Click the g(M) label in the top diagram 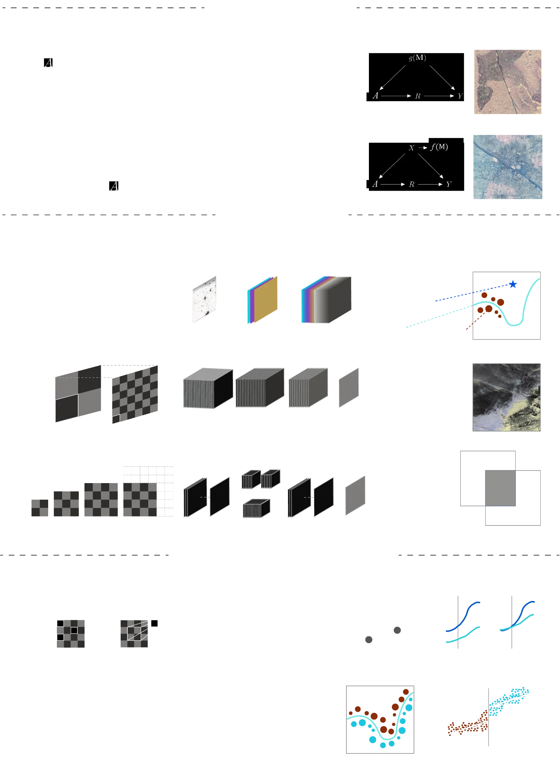pyautogui.click(x=417, y=58)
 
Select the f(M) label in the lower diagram pyautogui.click(x=439, y=147)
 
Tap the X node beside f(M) pyautogui.click(x=412, y=148)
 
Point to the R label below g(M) pyautogui.click(x=418, y=96)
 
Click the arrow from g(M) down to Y pyautogui.click(x=442, y=78)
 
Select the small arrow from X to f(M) pyautogui.click(x=423, y=148)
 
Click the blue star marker pyautogui.click(x=513, y=284)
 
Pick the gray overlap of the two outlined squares pyautogui.click(x=500, y=488)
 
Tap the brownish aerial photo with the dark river pyautogui.click(x=508, y=82)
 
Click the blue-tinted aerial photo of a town pyautogui.click(x=508, y=167)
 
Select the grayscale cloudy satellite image pyautogui.click(x=507, y=397)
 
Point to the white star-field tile pyautogui.click(x=204, y=299)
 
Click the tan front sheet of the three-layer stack pyautogui.click(x=266, y=299)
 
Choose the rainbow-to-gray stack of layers pyautogui.click(x=326, y=300)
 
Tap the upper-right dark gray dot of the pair pyautogui.click(x=397, y=630)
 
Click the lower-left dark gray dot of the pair pyautogui.click(x=369, y=640)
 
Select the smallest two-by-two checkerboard pyautogui.click(x=40, y=508)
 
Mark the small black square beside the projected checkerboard pyautogui.click(x=154, y=623)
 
